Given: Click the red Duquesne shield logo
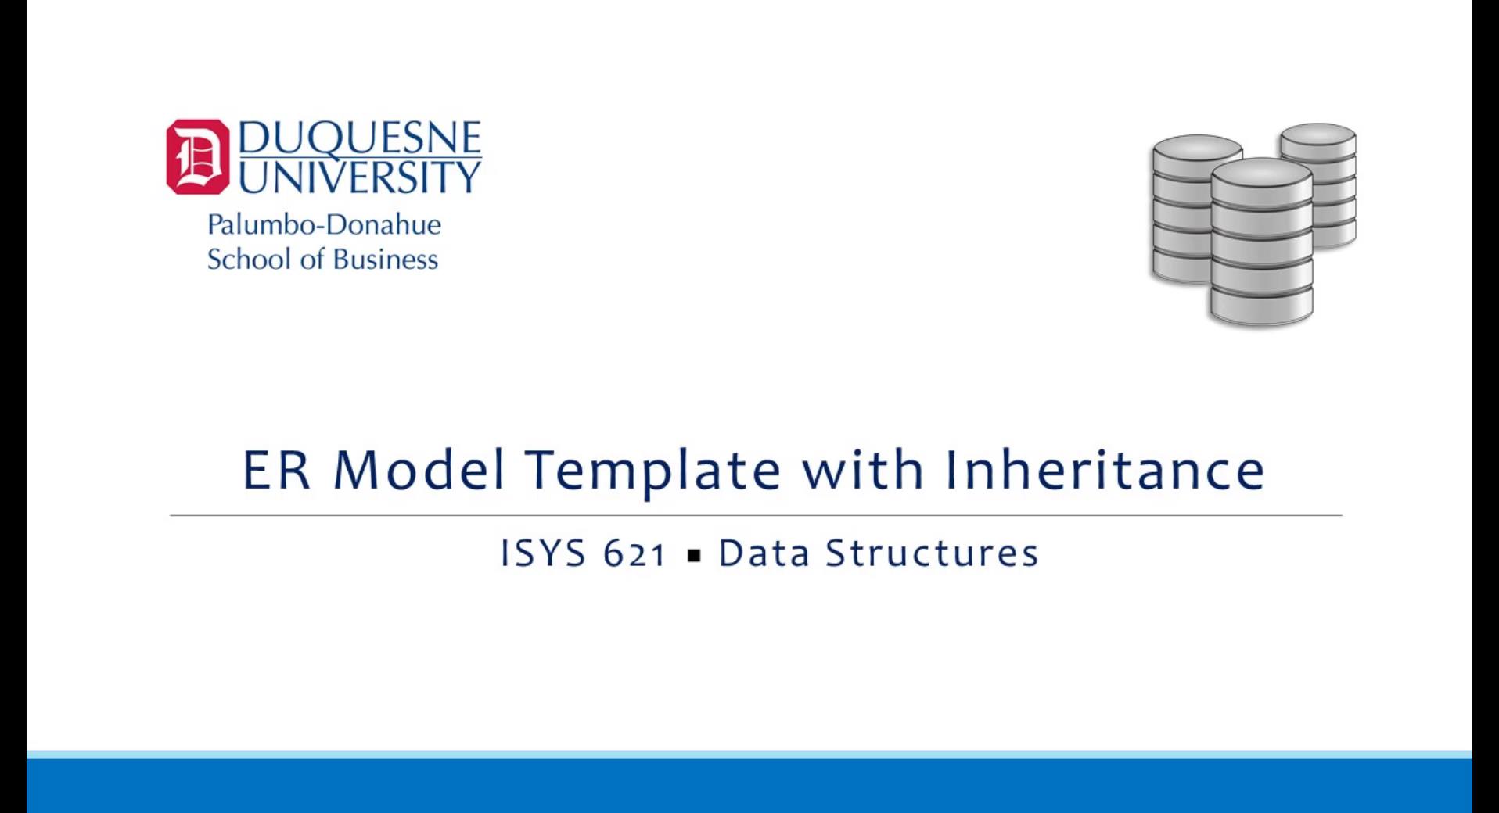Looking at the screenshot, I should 197,156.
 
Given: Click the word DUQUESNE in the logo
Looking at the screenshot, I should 359,138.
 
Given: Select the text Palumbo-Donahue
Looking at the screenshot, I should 324,225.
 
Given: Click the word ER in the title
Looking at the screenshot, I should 275,470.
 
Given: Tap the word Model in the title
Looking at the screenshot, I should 419,470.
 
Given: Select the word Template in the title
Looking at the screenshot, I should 652,470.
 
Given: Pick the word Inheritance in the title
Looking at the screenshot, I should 1104,470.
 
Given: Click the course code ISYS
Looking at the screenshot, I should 543,553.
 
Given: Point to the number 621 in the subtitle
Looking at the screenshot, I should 634,554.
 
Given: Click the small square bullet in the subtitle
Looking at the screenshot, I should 693,557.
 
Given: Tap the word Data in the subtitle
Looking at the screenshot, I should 764,553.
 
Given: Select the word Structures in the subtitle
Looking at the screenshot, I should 932,553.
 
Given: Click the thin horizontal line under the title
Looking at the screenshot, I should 756,516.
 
